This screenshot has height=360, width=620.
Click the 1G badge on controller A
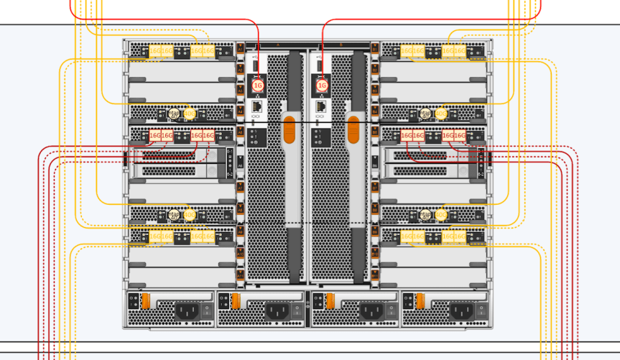259,86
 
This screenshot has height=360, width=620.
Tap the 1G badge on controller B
322,86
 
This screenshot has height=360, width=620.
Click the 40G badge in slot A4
190,114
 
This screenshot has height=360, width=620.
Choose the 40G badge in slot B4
441,114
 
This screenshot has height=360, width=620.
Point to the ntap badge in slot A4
173,114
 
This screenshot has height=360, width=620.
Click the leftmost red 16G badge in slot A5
155,135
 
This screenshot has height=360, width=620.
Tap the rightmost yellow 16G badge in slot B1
460,51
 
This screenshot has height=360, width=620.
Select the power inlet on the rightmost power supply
460,311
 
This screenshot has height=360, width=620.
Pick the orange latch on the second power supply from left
235,300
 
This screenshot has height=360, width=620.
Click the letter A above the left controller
277,45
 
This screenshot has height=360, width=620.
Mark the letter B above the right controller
341,45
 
